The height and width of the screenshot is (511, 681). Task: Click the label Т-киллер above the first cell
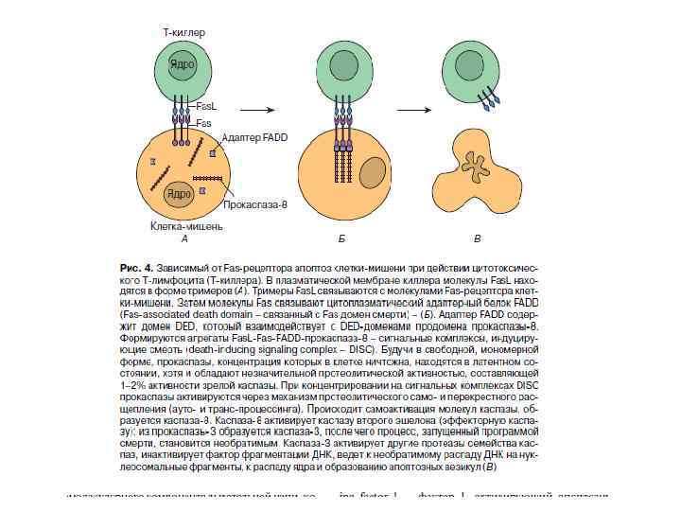[184, 32]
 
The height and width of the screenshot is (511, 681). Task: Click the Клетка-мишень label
[187, 226]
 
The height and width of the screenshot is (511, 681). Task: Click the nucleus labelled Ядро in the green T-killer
[182, 64]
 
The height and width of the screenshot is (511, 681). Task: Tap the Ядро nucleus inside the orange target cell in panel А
[178, 194]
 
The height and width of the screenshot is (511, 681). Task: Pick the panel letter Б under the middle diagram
[341, 238]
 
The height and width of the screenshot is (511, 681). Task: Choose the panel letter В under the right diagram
[477, 238]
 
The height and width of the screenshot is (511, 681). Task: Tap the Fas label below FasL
[204, 123]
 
